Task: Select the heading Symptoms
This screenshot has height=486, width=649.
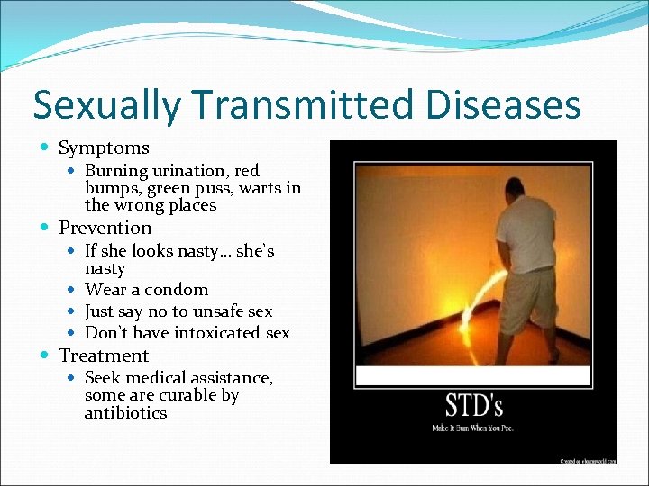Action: coord(104,148)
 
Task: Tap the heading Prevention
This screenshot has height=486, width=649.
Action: coord(105,228)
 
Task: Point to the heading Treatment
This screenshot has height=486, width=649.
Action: coord(104,355)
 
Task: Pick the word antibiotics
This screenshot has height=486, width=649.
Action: coord(125,413)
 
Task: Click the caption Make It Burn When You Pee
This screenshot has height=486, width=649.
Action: coord(472,427)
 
